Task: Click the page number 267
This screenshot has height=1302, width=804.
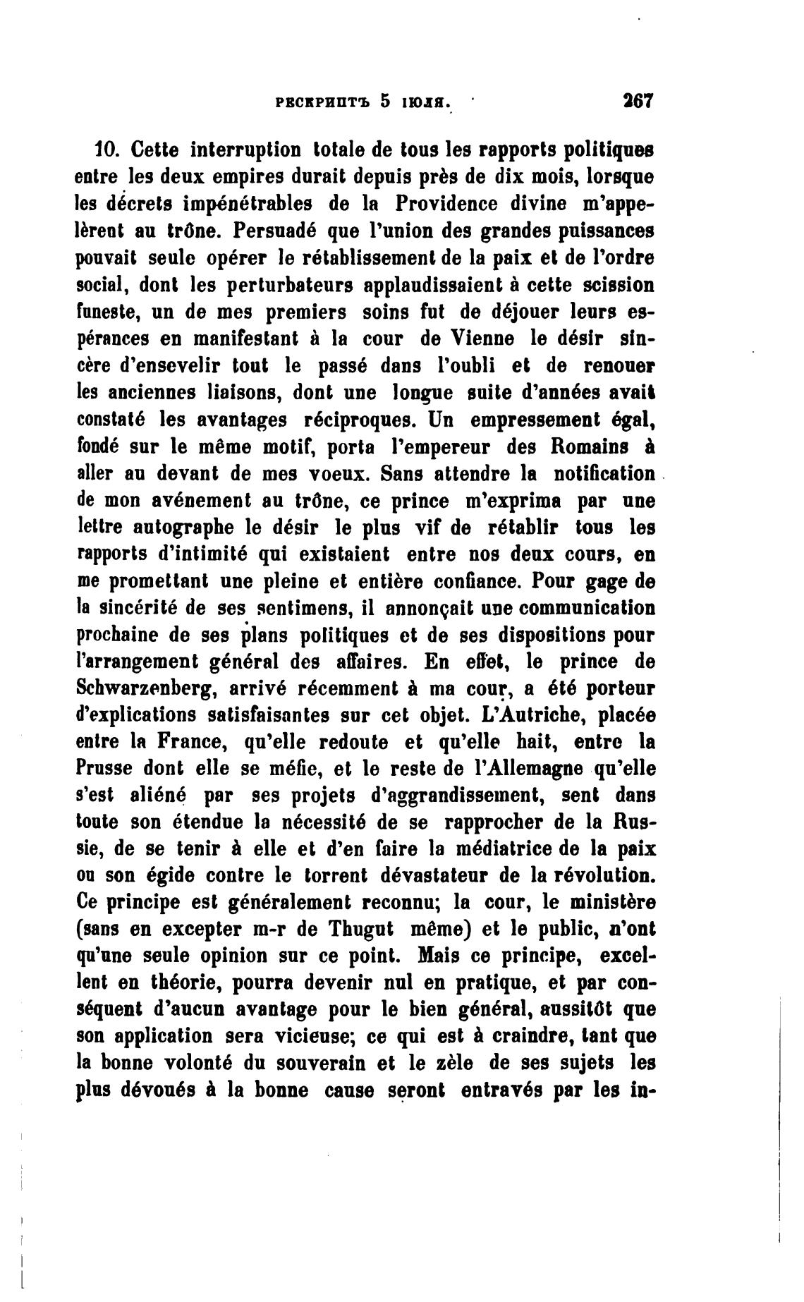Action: click(x=639, y=100)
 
